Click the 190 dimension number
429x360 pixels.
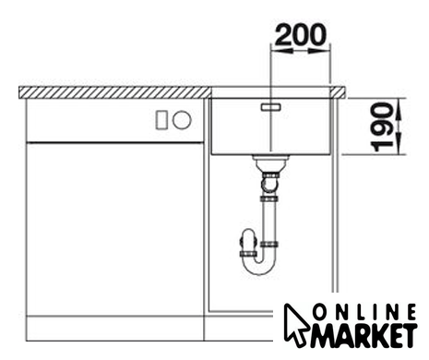(x=382, y=126)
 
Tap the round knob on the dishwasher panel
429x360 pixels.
(x=182, y=120)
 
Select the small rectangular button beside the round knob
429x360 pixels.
(x=161, y=120)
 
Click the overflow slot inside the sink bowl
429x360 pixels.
(x=271, y=107)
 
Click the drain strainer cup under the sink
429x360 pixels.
(x=270, y=163)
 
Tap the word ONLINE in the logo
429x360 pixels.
(x=364, y=312)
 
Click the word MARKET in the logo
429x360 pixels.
(x=364, y=335)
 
